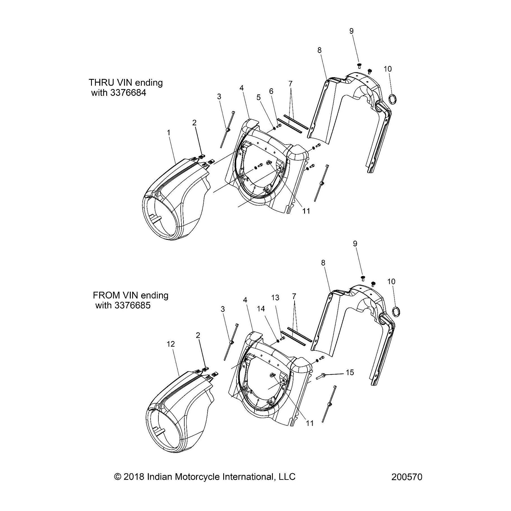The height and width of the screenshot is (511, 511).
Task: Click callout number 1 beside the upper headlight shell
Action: pyautogui.click(x=169, y=132)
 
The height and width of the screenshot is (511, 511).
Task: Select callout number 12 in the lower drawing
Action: pyautogui.click(x=171, y=344)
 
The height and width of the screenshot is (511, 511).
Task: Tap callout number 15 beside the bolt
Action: pyautogui.click(x=349, y=372)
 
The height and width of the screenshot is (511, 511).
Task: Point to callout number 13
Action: pyautogui.click(x=275, y=298)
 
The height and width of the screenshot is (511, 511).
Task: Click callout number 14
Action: pyautogui.click(x=261, y=309)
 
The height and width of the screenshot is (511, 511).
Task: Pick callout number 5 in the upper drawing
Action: pyautogui.click(x=259, y=97)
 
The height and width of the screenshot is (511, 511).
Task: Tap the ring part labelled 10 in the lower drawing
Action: pyautogui.click(x=396, y=312)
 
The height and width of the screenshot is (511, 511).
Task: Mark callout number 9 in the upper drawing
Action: pyautogui.click(x=351, y=31)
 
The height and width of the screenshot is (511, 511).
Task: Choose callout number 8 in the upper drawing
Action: pyautogui.click(x=319, y=50)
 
